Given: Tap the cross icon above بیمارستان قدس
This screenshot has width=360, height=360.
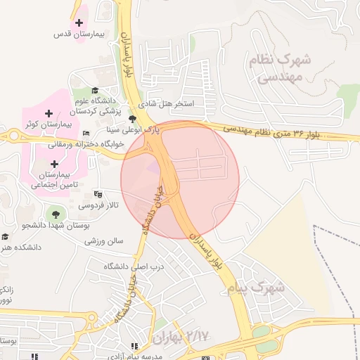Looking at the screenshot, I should pyautogui.click(x=79, y=22).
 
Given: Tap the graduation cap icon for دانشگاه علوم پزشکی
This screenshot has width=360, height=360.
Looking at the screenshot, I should pyautogui.click(x=95, y=91).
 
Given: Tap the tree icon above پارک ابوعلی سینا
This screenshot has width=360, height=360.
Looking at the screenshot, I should pyautogui.click(x=131, y=118).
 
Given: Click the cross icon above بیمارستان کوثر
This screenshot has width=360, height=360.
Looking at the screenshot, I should pyautogui.click(x=48, y=112).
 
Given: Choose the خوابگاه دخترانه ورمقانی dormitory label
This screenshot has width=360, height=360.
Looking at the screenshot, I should pyautogui.click(x=86, y=144).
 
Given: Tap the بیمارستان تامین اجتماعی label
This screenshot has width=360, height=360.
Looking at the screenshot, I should pyautogui.click(x=54, y=180).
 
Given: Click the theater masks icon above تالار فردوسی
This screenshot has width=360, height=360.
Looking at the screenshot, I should pyautogui.click(x=98, y=193).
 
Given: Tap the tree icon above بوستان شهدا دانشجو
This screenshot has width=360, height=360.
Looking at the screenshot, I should pyautogui.click(x=53, y=213).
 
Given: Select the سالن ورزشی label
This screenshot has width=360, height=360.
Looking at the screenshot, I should pyautogui.click(x=104, y=240).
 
